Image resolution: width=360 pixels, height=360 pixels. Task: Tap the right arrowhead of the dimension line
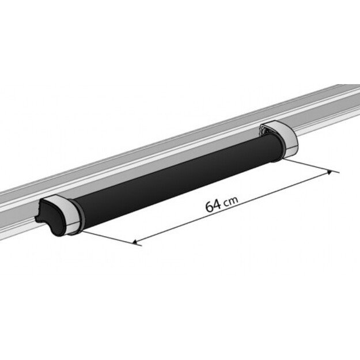(330, 171)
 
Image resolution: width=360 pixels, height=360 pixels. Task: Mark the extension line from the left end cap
(109, 237)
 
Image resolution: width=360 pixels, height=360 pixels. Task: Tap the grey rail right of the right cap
(328, 109)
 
